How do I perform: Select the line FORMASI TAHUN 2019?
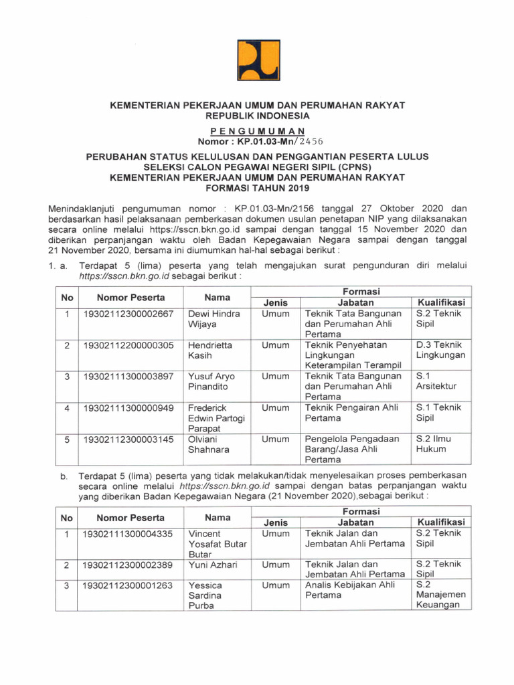tap(258, 187)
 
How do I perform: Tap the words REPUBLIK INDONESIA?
tap(258, 116)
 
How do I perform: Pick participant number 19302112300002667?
tap(128, 313)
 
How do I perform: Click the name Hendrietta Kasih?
tap(211, 350)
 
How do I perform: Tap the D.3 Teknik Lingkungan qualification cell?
tap(440, 350)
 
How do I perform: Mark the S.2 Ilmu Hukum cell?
tap(434, 444)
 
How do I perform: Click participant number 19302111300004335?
tap(128, 534)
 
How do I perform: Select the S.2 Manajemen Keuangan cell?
tap(440, 595)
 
